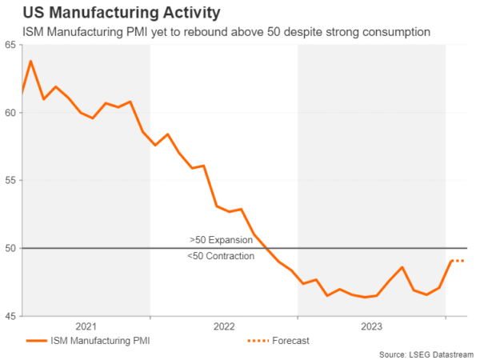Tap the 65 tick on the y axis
point(10,45)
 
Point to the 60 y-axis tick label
point(10,113)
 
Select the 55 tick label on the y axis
point(10,181)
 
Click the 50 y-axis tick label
point(10,249)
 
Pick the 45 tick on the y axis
point(10,317)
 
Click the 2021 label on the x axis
point(86,326)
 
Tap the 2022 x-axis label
point(224,326)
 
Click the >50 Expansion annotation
point(222,240)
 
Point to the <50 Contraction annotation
point(221,256)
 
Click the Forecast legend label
point(290,341)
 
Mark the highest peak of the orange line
point(30,61)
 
